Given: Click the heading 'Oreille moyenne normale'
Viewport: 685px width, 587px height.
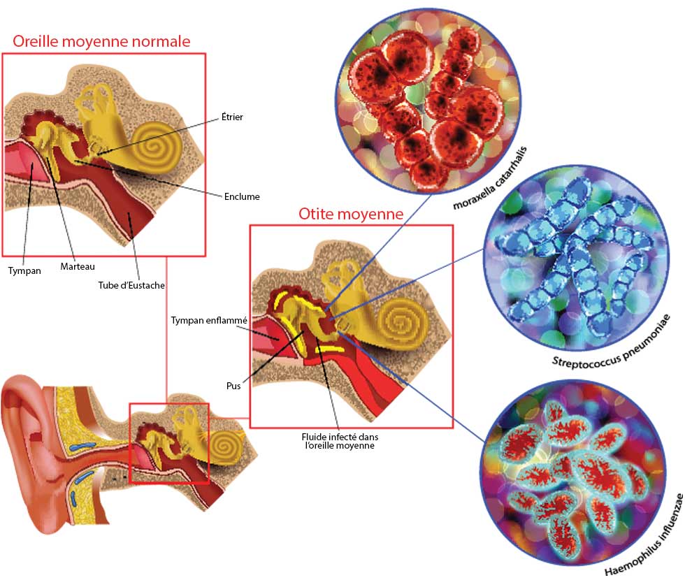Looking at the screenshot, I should tap(101, 41).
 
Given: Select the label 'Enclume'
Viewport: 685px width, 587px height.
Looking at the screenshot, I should tap(242, 196).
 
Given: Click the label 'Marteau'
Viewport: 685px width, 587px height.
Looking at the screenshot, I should tap(77, 266).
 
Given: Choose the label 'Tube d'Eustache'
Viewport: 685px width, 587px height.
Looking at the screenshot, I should tap(131, 284).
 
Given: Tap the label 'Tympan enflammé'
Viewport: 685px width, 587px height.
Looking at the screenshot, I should tap(209, 320).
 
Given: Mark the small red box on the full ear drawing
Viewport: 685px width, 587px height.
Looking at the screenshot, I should tap(169, 443).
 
